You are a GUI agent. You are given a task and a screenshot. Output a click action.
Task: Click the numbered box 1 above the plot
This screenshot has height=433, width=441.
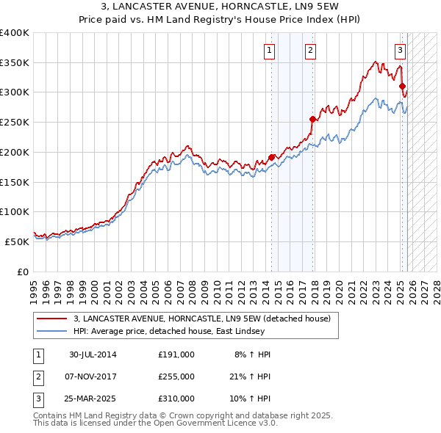coord(270,51)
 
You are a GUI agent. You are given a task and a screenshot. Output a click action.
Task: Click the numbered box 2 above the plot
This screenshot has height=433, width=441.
coord(311,51)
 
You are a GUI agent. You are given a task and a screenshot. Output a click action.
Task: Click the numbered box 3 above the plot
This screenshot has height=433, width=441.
coord(400,51)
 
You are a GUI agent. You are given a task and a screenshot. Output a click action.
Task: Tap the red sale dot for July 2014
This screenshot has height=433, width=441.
coord(271,157)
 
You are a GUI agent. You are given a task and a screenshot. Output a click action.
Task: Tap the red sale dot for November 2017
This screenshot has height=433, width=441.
coord(312,119)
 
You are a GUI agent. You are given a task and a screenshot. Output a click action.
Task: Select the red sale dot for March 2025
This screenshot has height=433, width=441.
coord(402,86)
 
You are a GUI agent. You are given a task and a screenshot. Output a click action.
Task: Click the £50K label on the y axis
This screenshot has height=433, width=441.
coord(17,241)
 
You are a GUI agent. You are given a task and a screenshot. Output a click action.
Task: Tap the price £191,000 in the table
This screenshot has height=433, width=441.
coord(176,354)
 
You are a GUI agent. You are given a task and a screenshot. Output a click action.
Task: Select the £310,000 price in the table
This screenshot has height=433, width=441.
coord(176,399)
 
